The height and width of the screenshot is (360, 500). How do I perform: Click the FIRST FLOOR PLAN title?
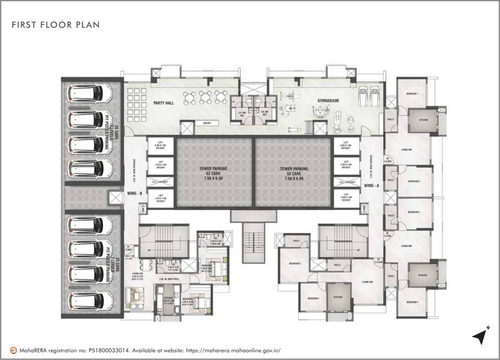tap(56, 24)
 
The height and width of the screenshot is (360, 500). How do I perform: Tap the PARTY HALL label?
tap(164, 103)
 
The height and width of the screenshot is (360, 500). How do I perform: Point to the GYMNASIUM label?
tap(327, 101)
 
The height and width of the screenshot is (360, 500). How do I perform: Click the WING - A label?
tap(372, 186)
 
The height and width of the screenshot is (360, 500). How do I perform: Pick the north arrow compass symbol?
tap(481, 336)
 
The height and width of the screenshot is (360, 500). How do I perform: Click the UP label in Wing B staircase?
tap(149, 250)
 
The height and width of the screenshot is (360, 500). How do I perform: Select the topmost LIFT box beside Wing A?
tap(346, 145)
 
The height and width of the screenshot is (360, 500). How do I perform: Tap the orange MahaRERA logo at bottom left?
tap(15, 350)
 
